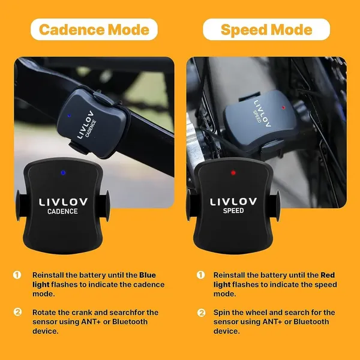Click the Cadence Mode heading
tap(94, 29)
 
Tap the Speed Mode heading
tap(266, 29)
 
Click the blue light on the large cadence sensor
tap(63, 173)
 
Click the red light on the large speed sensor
tap(233, 173)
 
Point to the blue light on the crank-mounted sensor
tap(69, 115)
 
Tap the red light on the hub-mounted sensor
tap(283, 107)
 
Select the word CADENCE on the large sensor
tap(62, 211)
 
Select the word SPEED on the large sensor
tap(233, 211)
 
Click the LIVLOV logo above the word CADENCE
tap(63, 202)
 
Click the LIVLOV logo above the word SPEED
tap(233, 202)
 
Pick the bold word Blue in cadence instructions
tap(148, 275)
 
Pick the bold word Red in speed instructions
tap(328, 275)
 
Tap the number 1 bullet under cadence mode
tap(17, 275)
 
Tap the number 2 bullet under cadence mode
tap(17, 312)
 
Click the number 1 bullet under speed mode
tap(200, 275)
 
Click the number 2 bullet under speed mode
tap(202, 313)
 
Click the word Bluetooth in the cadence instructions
tap(130, 322)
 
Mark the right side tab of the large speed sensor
tap(274, 205)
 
